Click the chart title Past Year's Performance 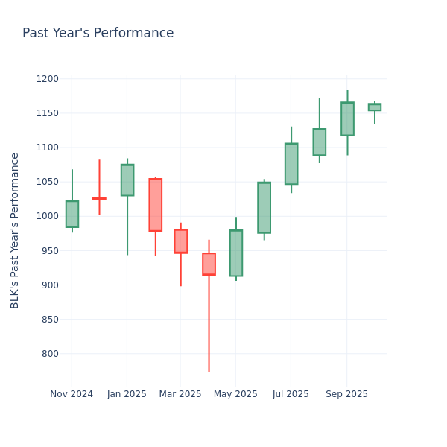[x=98, y=34]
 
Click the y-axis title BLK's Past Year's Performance [x=15, y=230]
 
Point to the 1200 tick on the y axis [x=47, y=79]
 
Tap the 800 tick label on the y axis [x=50, y=354]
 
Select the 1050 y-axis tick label [x=47, y=182]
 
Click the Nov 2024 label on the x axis [x=72, y=394]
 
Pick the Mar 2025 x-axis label [x=180, y=394]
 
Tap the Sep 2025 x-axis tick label [x=346, y=394]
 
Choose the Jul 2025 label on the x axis [x=291, y=394]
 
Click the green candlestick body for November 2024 [x=72, y=214]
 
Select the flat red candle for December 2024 [x=99, y=198]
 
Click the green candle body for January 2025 [x=127, y=180]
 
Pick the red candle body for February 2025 [x=155, y=205]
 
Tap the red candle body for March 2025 [x=181, y=241]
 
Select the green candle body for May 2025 [x=236, y=253]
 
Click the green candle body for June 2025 [x=264, y=208]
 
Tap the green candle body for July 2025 [x=291, y=164]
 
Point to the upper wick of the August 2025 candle [x=320, y=113]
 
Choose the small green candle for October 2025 [x=374, y=107]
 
